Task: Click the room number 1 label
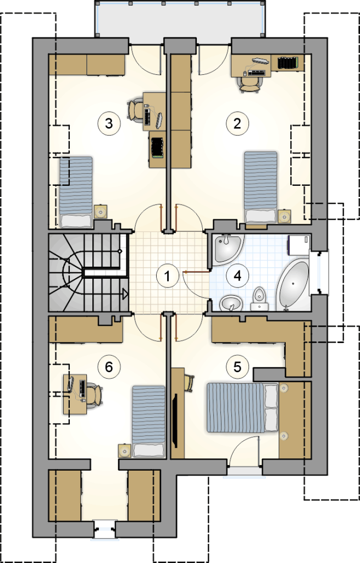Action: coord(167,276)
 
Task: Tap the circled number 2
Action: coord(237,124)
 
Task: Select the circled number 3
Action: coord(109,124)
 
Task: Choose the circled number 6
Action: coord(109,367)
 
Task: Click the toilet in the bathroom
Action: coord(259,299)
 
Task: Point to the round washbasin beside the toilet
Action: coord(231,303)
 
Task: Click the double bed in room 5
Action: coord(242,407)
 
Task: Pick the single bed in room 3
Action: coord(76,192)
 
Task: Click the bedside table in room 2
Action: coord(285,216)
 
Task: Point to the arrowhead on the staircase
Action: coord(125,295)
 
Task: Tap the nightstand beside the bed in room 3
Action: coord(101,212)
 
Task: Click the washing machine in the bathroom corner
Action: coord(298,245)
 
